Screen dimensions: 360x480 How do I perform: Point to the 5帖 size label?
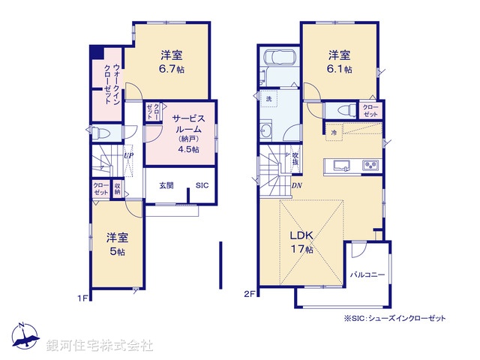116,251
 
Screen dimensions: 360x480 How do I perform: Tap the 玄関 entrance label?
166,185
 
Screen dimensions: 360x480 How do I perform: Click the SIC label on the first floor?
202,185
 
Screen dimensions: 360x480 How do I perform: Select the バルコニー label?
367,275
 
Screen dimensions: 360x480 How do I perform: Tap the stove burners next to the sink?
370,166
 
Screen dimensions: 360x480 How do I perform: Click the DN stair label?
296,186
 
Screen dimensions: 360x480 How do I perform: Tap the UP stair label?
129,156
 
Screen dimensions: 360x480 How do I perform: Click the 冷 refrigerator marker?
334,133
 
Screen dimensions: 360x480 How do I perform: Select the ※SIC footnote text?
394,319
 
